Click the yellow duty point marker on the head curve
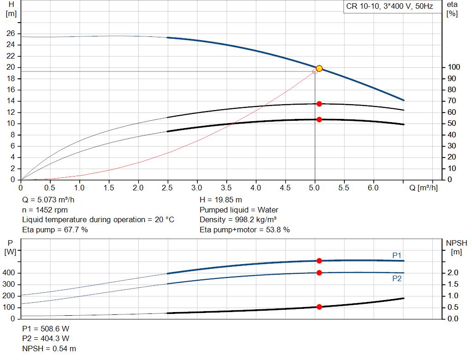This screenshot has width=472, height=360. click(319, 69)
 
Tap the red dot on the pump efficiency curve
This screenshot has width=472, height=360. click(319, 104)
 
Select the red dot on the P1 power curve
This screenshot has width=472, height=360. click(319, 261)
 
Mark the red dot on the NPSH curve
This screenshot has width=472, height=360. click(319, 307)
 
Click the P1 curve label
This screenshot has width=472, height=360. click(397, 255)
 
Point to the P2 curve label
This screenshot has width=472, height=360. click(397, 279)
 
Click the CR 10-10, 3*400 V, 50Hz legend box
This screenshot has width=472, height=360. click(393, 6)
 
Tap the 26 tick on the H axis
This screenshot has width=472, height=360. click(11, 33)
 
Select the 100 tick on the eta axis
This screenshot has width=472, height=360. click(454, 67)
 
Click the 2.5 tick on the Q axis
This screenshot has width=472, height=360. click(167, 188)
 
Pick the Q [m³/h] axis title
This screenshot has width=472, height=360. click(423, 188)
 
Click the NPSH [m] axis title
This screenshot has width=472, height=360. click(456, 248)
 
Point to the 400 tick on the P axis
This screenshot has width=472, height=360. click(8, 273)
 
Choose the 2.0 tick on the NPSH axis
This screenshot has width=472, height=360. click(453, 273)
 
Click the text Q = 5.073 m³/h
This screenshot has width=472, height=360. click(48, 200)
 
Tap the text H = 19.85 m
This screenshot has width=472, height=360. click(221, 200)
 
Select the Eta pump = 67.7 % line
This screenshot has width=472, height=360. click(55, 230)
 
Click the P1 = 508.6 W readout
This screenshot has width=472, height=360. click(46, 329)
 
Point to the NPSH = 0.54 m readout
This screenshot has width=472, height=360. click(49, 348)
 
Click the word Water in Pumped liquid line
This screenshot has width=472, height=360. click(268, 210)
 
